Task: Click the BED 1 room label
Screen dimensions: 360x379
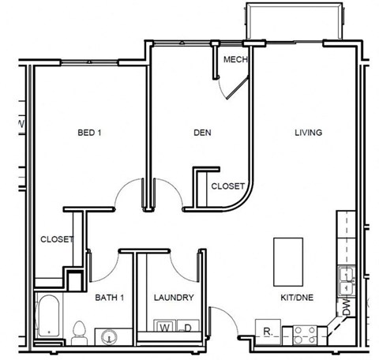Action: (89, 133)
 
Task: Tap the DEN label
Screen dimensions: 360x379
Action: (202, 133)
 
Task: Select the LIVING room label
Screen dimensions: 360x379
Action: (308, 133)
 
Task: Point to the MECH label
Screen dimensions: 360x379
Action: (235, 60)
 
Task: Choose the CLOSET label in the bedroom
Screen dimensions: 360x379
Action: (56, 239)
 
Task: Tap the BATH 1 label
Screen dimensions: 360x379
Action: (111, 298)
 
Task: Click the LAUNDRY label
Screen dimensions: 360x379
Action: (174, 298)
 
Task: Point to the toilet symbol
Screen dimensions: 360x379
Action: (78, 332)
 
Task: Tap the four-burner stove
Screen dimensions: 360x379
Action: (306, 335)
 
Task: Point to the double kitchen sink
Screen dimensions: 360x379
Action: (346, 276)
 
